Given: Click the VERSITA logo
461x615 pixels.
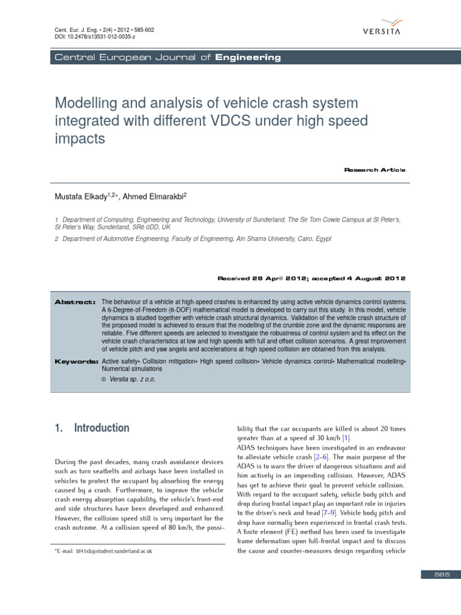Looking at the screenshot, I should pos(382,26).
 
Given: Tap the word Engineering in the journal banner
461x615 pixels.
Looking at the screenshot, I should pos(248,58).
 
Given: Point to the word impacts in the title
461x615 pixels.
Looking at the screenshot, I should pos(80,139).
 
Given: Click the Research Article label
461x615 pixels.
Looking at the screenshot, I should pos(375,170).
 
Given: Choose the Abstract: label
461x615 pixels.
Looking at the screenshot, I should pos(75,301).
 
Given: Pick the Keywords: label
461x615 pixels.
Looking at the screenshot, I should pos(76,362).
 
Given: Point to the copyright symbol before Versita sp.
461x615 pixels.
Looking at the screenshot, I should pos(104,380).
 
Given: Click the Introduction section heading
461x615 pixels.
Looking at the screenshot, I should pos(101,428).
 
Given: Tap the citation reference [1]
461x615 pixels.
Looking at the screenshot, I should pos(346,438).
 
